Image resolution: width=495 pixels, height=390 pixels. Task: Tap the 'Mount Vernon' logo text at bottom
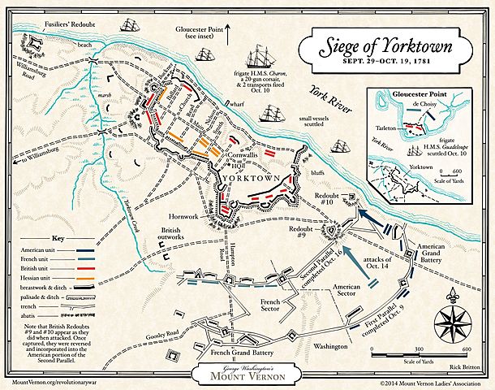(248, 375)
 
